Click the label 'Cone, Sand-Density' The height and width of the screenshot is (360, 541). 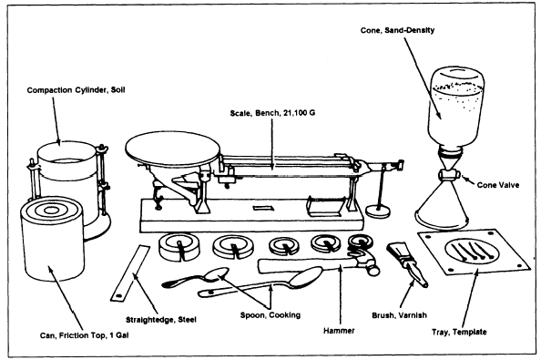point(397,30)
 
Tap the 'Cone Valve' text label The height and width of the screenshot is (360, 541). point(498,185)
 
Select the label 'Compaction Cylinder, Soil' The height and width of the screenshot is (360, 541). point(76,90)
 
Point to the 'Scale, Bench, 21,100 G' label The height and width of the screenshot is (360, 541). point(272,113)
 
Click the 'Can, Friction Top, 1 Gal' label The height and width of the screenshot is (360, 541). point(84,335)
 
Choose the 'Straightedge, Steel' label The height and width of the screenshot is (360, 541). point(161,320)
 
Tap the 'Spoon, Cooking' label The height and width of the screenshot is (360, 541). point(270,315)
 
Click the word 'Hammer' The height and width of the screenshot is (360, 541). point(339,331)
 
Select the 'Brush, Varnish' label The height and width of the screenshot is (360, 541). point(399,315)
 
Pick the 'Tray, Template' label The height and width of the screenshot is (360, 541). point(459,332)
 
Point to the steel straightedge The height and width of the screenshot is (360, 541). point(130,273)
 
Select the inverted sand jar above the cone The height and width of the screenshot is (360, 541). point(456,107)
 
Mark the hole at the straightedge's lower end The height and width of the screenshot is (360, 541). point(118,296)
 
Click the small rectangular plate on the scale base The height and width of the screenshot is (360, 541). point(263,208)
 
